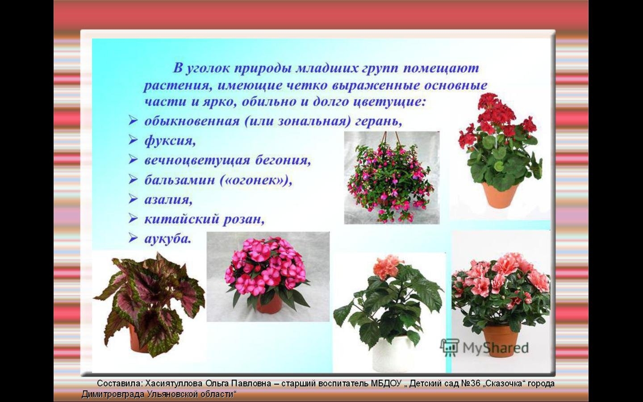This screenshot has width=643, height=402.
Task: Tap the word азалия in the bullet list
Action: [168, 200]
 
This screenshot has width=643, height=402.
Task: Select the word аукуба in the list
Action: [167, 239]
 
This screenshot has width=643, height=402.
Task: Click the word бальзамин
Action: [180, 180]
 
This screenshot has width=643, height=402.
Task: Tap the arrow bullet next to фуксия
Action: [133, 140]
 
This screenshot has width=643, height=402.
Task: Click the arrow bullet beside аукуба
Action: [133, 239]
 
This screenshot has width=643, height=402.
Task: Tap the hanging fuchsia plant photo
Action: [392, 178]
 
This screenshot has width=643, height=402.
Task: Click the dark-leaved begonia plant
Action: [149, 304]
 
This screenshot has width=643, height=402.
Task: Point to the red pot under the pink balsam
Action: [268, 304]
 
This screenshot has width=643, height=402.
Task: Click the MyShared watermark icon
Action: [450, 348]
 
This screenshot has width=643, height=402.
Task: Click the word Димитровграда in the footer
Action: [113, 394]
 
